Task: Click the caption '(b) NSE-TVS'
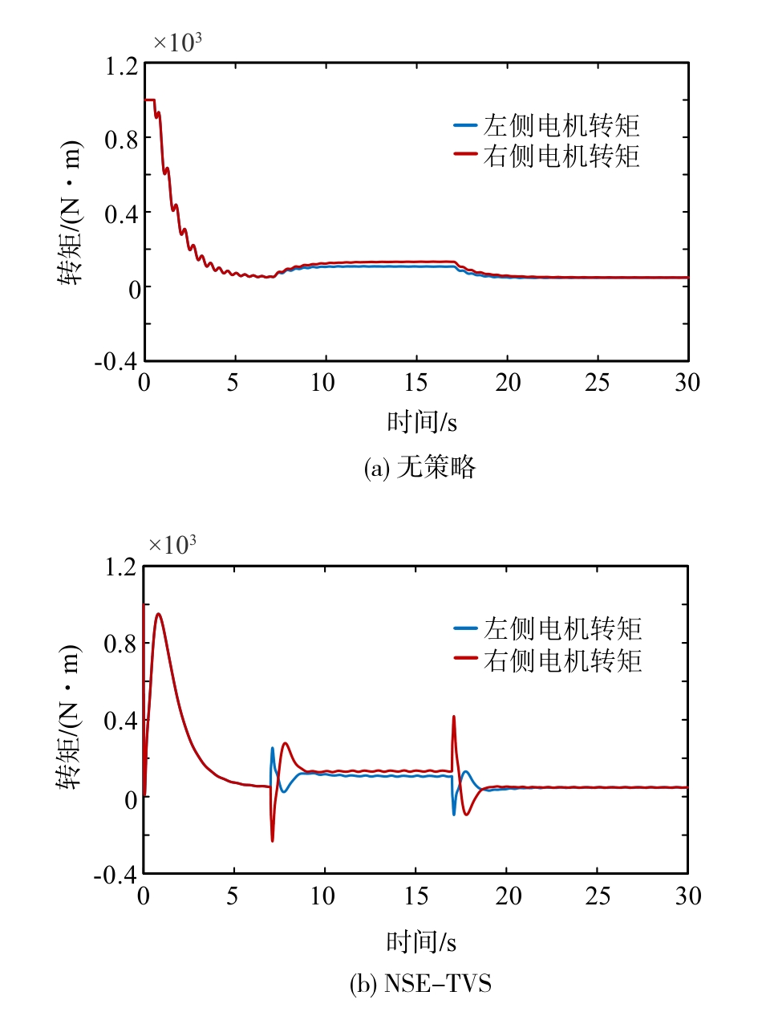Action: (x=420, y=984)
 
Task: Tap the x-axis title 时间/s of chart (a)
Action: (x=415, y=421)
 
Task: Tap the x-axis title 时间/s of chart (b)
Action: (x=415, y=940)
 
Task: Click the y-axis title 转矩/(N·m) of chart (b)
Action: (x=71, y=751)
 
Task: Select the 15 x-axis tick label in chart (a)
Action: (x=415, y=383)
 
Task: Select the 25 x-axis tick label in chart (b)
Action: (x=597, y=896)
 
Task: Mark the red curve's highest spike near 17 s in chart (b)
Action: (x=454, y=717)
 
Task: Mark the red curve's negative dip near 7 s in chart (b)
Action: (x=273, y=839)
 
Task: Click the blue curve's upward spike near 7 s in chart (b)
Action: (x=272, y=749)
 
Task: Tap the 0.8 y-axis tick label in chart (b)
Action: (x=120, y=644)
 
